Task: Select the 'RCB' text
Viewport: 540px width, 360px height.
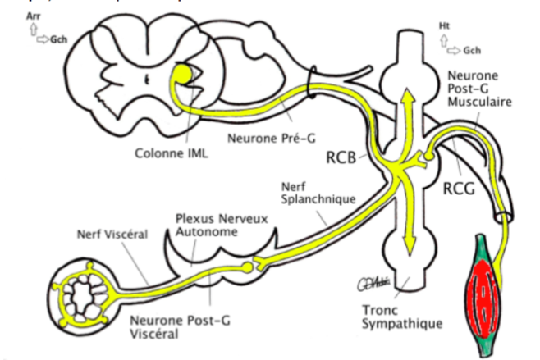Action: [x=342, y=156]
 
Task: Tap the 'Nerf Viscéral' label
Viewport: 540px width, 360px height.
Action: [x=112, y=234]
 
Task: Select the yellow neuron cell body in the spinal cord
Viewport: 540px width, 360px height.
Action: [x=181, y=76]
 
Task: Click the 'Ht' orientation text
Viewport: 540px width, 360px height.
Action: [x=444, y=25]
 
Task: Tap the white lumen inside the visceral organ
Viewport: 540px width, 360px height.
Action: [x=83, y=291]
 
